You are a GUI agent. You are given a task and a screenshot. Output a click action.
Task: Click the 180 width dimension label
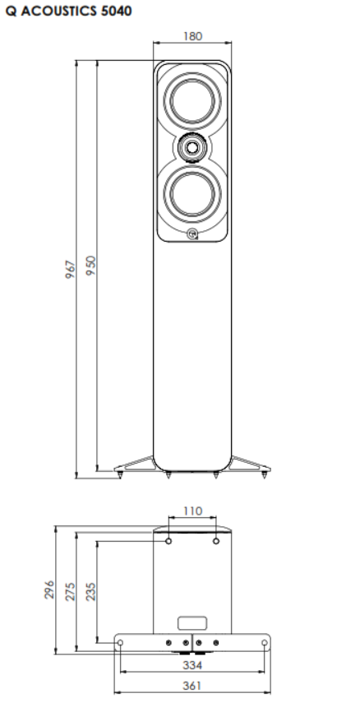(192, 36)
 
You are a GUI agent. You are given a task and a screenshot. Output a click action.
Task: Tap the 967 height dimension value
(71, 270)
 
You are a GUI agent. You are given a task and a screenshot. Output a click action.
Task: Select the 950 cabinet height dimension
(91, 266)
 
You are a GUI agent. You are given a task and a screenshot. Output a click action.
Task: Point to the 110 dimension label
(192, 511)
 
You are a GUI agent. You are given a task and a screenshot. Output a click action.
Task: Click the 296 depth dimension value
(49, 589)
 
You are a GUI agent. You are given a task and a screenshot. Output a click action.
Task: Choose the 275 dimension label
(71, 592)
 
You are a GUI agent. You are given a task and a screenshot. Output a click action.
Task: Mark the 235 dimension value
(91, 592)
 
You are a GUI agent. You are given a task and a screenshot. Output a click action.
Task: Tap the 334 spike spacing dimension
(192, 665)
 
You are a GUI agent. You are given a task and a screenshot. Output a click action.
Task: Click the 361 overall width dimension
(192, 686)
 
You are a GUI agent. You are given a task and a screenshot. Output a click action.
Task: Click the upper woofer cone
(192, 100)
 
